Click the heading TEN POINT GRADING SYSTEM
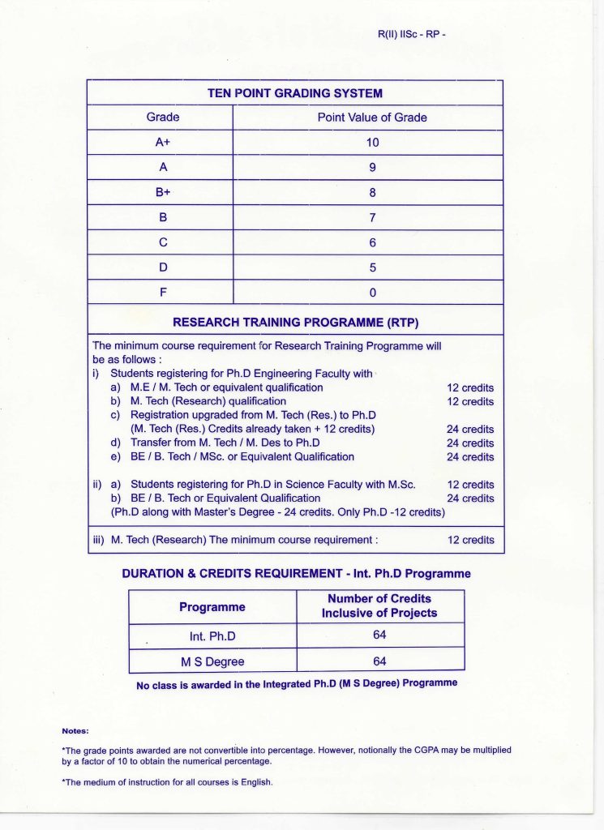coord(295,92)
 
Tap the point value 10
coord(372,143)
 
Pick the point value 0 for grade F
coord(372,292)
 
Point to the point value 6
coord(372,242)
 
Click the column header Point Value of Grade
coord(372,118)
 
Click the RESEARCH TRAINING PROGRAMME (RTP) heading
coord(295,322)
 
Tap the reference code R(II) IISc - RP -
coord(412,35)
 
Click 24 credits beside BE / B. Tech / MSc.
coord(470,457)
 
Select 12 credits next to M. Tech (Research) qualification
coord(470,402)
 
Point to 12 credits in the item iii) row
coord(470,540)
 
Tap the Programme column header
coord(212,607)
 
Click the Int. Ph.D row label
coord(212,636)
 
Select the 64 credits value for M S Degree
coord(379,661)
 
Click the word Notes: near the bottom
coord(75,731)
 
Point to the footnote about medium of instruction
coord(167,783)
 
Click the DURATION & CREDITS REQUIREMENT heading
coord(296,573)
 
